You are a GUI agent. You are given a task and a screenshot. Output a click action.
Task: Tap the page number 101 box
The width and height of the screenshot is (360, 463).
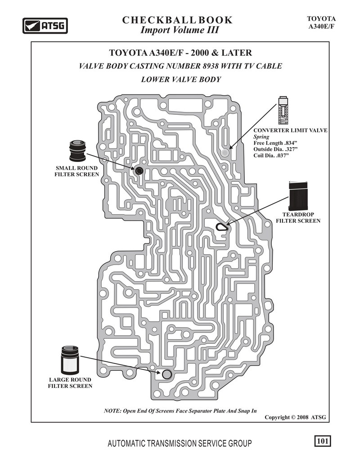pos(322,441)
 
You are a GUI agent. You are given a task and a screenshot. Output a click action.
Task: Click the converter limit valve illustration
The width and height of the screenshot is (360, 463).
pos(283,110)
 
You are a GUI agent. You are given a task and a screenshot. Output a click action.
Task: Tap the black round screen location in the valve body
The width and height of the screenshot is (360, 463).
pos(139,171)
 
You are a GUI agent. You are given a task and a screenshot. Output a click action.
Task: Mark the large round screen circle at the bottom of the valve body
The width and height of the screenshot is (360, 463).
pos(166,374)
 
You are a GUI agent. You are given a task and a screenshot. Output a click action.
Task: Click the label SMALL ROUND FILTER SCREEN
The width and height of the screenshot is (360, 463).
pos(77,171)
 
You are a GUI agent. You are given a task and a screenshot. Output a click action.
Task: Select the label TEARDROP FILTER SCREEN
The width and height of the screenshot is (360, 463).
pos(298,218)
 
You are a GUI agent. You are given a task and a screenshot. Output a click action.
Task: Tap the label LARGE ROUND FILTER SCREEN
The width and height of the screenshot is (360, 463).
pos(71,383)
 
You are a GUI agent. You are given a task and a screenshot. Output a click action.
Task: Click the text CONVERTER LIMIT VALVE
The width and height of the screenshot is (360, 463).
pos(290,130)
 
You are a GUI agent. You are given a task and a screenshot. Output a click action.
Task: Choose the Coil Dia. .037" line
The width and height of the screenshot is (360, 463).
pos(270,155)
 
